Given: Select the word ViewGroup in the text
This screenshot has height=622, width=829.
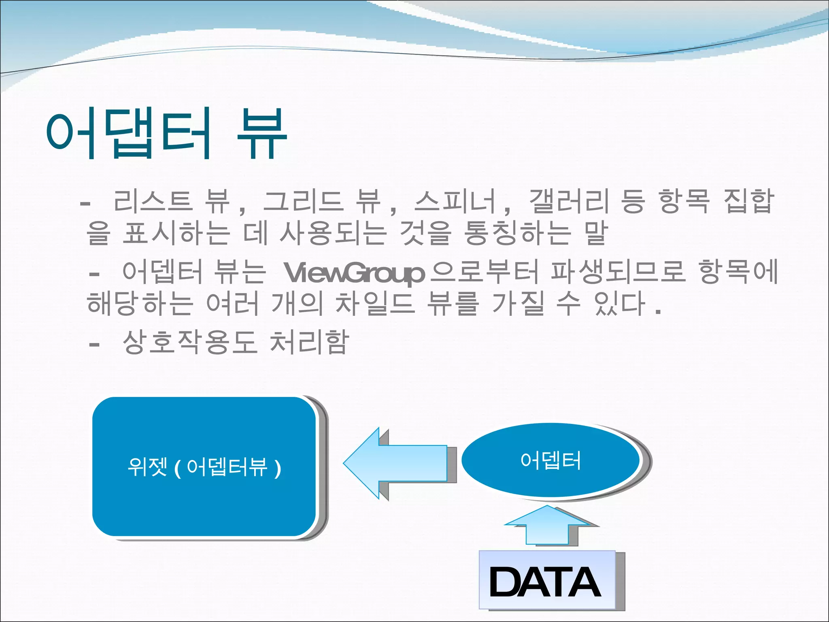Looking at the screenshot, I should pos(354,273).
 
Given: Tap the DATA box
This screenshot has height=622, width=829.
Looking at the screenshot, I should pos(546,580).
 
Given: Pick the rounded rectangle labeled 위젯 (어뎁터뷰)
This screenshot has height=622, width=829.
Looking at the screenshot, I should pos(204,466).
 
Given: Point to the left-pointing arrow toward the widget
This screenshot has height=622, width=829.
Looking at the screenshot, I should pos(395,463).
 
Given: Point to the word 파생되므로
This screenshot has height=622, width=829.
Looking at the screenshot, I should pos(618,272).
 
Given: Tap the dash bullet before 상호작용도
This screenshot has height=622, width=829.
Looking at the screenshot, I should pos(94,345).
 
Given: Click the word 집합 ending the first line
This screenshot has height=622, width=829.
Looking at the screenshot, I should pos(748,201).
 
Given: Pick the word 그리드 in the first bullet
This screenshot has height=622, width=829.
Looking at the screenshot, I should pos(303,201).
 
